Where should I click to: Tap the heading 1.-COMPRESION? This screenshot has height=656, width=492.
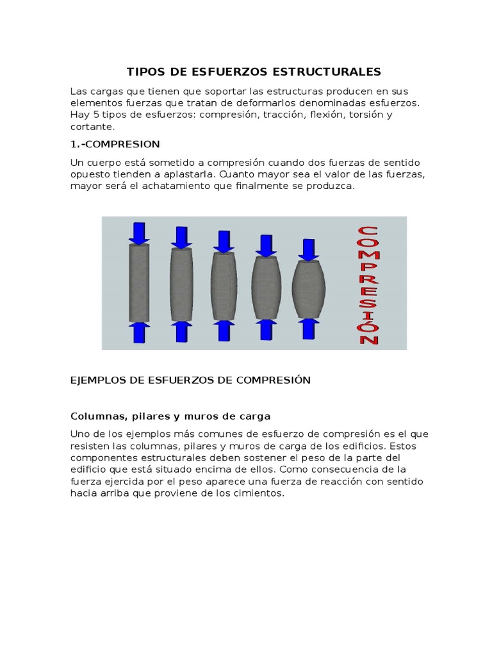[x=115, y=143]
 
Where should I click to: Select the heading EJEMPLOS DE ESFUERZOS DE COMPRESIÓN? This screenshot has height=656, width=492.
[x=190, y=380]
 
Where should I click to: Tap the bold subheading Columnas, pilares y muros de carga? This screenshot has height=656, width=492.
[x=170, y=416]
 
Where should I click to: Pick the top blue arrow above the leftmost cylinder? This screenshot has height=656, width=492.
[x=139, y=233]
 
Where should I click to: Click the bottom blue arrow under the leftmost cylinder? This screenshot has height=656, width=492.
[x=139, y=332]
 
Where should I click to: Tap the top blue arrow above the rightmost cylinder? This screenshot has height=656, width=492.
[x=309, y=250]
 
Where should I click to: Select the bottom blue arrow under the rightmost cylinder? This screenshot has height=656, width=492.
[x=309, y=328]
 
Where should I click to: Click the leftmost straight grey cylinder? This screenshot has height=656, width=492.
[x=139, y=283]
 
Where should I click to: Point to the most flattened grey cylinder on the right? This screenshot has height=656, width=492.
[x=309, y=289]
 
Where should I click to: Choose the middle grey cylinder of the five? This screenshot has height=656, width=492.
[x=224, y=286]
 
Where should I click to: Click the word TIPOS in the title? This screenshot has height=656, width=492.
[x=145, y=71]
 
